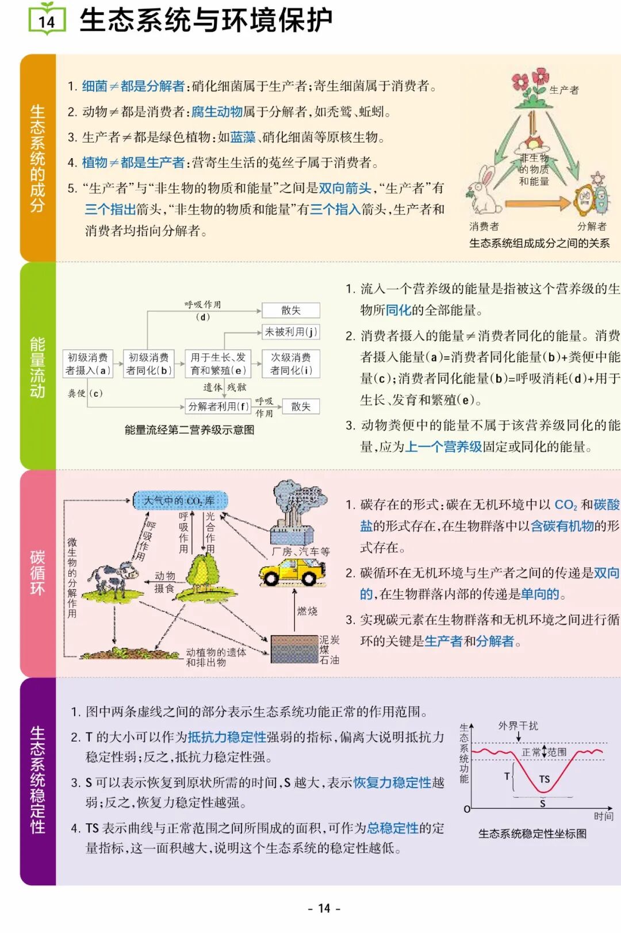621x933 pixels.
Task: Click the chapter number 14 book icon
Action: tap(47, 20)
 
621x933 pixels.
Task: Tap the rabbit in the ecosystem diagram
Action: tap(485, 191)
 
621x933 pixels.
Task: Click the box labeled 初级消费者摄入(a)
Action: tap(87, 364)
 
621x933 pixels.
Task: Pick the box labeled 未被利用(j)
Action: tap(290, 332)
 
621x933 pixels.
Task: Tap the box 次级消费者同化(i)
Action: tap(290, 364)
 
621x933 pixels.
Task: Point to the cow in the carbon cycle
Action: tap(114, 578)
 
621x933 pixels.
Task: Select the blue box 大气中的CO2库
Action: tap(180, 501)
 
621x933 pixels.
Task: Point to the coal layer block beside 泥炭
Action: tap(294, 649)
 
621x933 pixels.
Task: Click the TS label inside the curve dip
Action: tap(544, 779)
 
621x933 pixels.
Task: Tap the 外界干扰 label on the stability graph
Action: tap(518, 726)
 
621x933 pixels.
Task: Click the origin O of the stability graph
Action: tap(467, 809)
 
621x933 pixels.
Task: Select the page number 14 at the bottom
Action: tap(324, 908)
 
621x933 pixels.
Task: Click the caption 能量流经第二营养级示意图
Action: tap(189, 430)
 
